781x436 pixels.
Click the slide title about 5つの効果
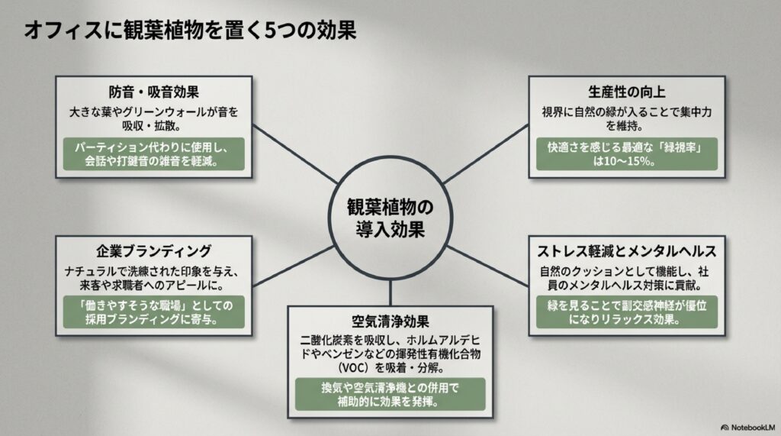coord(190,31)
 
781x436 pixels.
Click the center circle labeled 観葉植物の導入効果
coord(390,218)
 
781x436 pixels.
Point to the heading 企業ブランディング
coord(155,251)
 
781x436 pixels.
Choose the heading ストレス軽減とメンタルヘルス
coord(626,251)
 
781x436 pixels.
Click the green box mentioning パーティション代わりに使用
coord(154,153)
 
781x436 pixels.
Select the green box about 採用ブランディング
coord(154,313)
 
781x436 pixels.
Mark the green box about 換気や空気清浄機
coord(390,394)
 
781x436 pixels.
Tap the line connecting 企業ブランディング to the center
coord(294,260)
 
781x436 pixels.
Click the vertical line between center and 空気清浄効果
coord(390,292)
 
